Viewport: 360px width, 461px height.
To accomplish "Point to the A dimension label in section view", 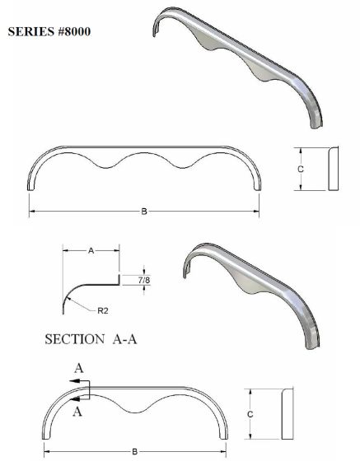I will pyautogui.click(x=89, y=254).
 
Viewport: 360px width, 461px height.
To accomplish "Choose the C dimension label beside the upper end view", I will pyautogui.click(x=301, y=169).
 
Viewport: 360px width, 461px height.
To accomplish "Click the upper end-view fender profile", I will pyautogui.click(x=333, y=170).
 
